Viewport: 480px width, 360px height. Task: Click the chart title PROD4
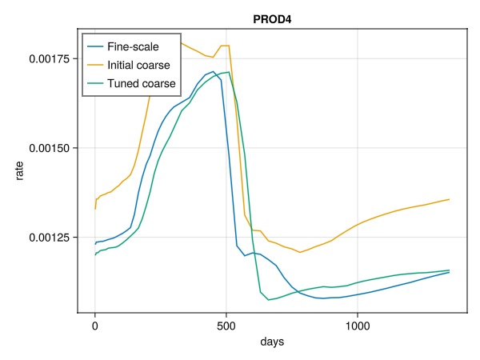pos(271,18)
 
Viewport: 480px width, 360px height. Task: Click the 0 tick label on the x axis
pos(94,326)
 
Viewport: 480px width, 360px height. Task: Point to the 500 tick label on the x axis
pos(226,326)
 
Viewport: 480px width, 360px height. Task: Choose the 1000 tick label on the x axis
pos(358,326)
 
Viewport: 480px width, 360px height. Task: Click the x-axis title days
pos(271,342)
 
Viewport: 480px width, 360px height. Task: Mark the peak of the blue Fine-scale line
pos(213,72)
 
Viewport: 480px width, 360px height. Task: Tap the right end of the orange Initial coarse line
pos(450,199)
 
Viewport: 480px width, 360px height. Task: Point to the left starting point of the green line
pos(94,255)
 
